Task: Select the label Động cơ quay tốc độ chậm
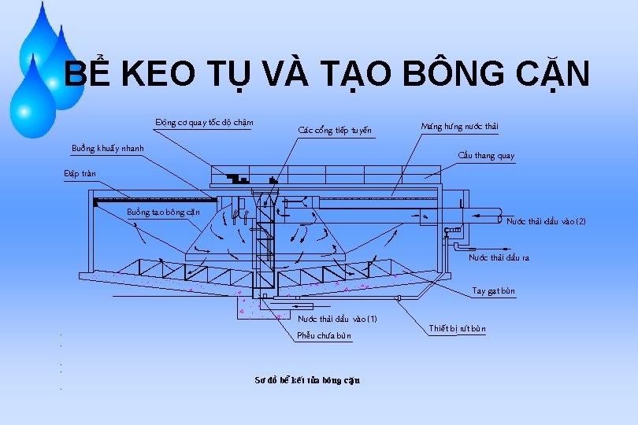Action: [x=204, y=122]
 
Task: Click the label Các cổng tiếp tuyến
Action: [x=335, y=130]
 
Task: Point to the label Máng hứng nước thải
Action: [x=460, y=126]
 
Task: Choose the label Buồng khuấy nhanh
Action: [x=108, y=148]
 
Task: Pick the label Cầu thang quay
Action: [x=487, y=156]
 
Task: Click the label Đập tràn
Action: [x=80, y=173]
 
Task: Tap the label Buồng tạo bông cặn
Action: [x=163, y=212]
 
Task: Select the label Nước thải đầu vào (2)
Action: [x=546, y=222]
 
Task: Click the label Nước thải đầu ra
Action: [x=499, y=257]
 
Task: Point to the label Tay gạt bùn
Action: [x=494, y=291]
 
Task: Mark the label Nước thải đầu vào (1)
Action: [x=338, y=319]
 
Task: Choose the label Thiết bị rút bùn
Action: [x=458, y=328]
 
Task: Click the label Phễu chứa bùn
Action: [x=325, y=336]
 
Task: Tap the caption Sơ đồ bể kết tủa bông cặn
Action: [x=307, y=380]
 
